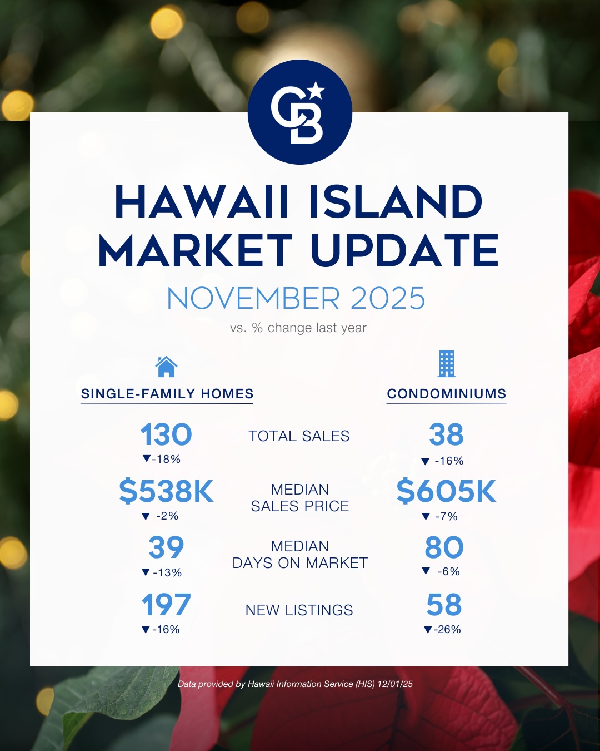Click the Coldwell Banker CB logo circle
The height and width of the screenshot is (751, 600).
pos(300,112)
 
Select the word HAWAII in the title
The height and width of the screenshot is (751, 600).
pos(202,202)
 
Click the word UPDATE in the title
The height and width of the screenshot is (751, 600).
pos(404,250)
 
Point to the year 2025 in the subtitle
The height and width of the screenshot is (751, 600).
pos(387,298)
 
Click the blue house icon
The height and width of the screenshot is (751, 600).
pos(166,367)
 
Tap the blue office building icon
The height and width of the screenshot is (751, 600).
pos(446,364)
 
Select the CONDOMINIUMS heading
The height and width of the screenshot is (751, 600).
pos(446,394)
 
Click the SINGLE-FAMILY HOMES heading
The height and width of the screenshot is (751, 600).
pos(167,394)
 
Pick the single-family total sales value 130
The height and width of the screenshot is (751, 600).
pos(166,434)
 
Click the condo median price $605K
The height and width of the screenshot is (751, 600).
pos(446,491)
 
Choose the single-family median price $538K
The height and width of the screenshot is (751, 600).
pos(166,491)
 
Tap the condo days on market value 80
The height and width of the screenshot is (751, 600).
pos(444,547)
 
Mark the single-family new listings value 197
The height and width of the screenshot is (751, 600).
pos(166,605)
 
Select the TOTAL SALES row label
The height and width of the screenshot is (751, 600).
pos(299,436)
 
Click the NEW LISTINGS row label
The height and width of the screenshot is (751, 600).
pos(299,610)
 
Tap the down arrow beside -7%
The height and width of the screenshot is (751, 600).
pos(426,516)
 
